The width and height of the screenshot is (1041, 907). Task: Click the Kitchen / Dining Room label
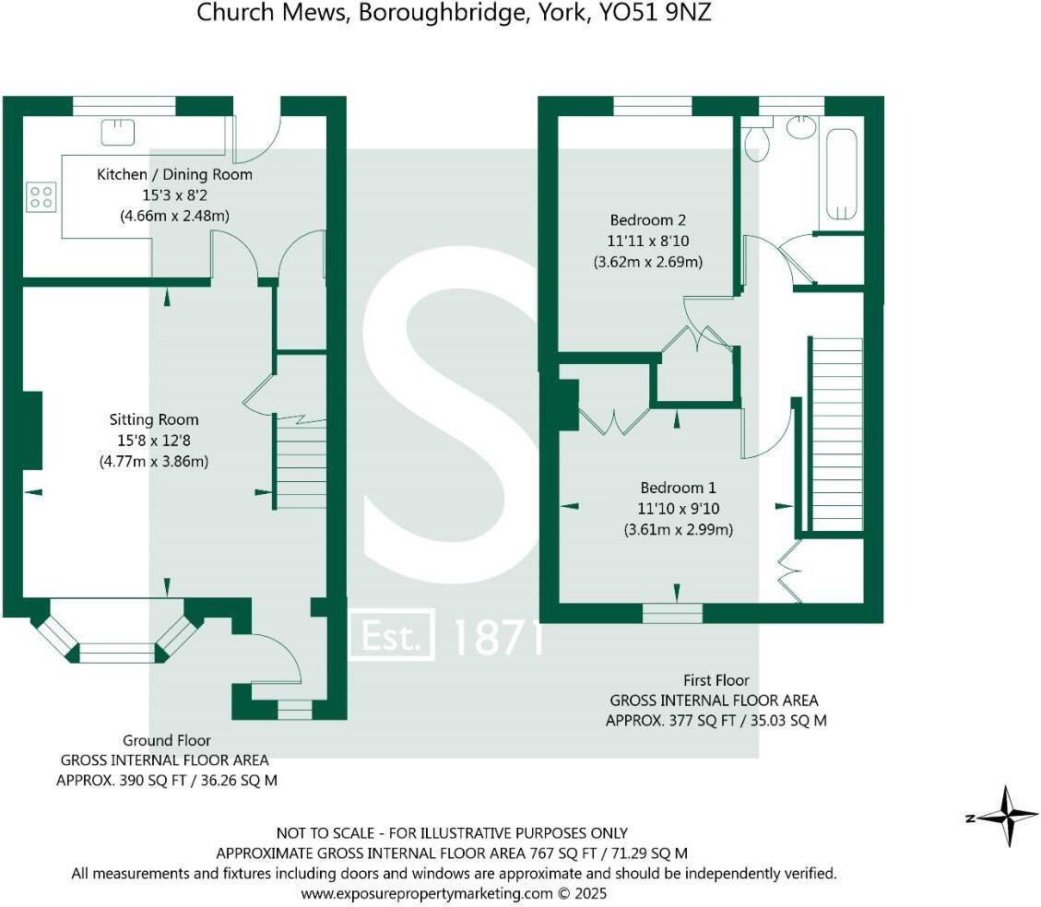pyautogui.click(x=174, y=174)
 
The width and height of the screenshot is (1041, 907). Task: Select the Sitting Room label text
pyautogui.click(x=153, y=419)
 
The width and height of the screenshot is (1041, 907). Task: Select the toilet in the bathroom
pyautogui.click(x=756, y=143)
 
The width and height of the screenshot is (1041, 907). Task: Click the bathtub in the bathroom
pyautogui.click(x=840, y=174)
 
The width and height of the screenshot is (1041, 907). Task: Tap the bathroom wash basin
pyautogui.click(x=801, y=127)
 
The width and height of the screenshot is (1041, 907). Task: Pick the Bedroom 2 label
pyautogui.click(x=647, y=220)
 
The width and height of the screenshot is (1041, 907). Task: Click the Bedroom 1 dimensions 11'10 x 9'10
pyautogui.click(x=678, y=508)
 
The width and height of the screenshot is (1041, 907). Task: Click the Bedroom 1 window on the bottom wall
pyautogui.click(x=672, y=612)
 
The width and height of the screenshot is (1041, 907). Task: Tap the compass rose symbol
pyautogui.click(x=1007, y=816)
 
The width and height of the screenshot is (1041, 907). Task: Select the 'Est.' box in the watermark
pyautogui.click(x=392, y=635)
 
